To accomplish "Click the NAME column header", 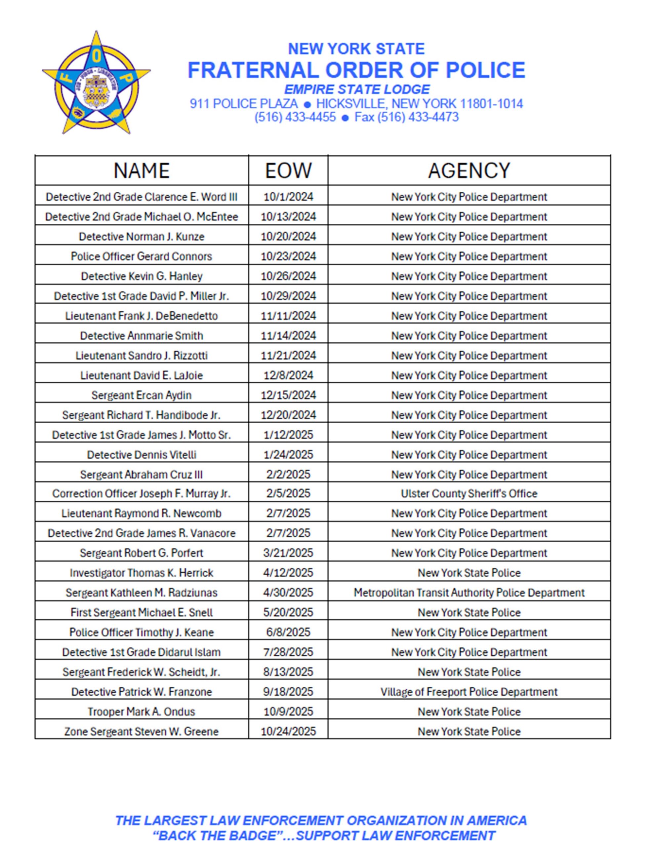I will click(x=142, y=171).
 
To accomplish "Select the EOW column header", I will click(x=288, y=171).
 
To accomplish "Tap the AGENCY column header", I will click(x=469, y=171).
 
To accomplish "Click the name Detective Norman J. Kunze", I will click(x=142, y=236).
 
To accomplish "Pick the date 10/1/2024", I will click(x=288, y=197).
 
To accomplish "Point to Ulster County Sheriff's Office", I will click(x=469, y=493).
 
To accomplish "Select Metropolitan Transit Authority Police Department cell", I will click(x=469, y=593).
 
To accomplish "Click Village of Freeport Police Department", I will click(x=469, y=692).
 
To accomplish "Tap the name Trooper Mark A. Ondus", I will click(x=142, y=711).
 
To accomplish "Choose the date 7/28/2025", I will click(x=288, y=652).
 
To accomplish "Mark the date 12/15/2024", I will click(x=288, y=395).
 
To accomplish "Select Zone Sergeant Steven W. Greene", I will click(x=142, y=731).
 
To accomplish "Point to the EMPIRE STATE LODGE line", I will click(x=357, y=90).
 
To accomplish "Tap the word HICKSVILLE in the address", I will click(x=350, y=104).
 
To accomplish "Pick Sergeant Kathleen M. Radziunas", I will click(x=142, y=593).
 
